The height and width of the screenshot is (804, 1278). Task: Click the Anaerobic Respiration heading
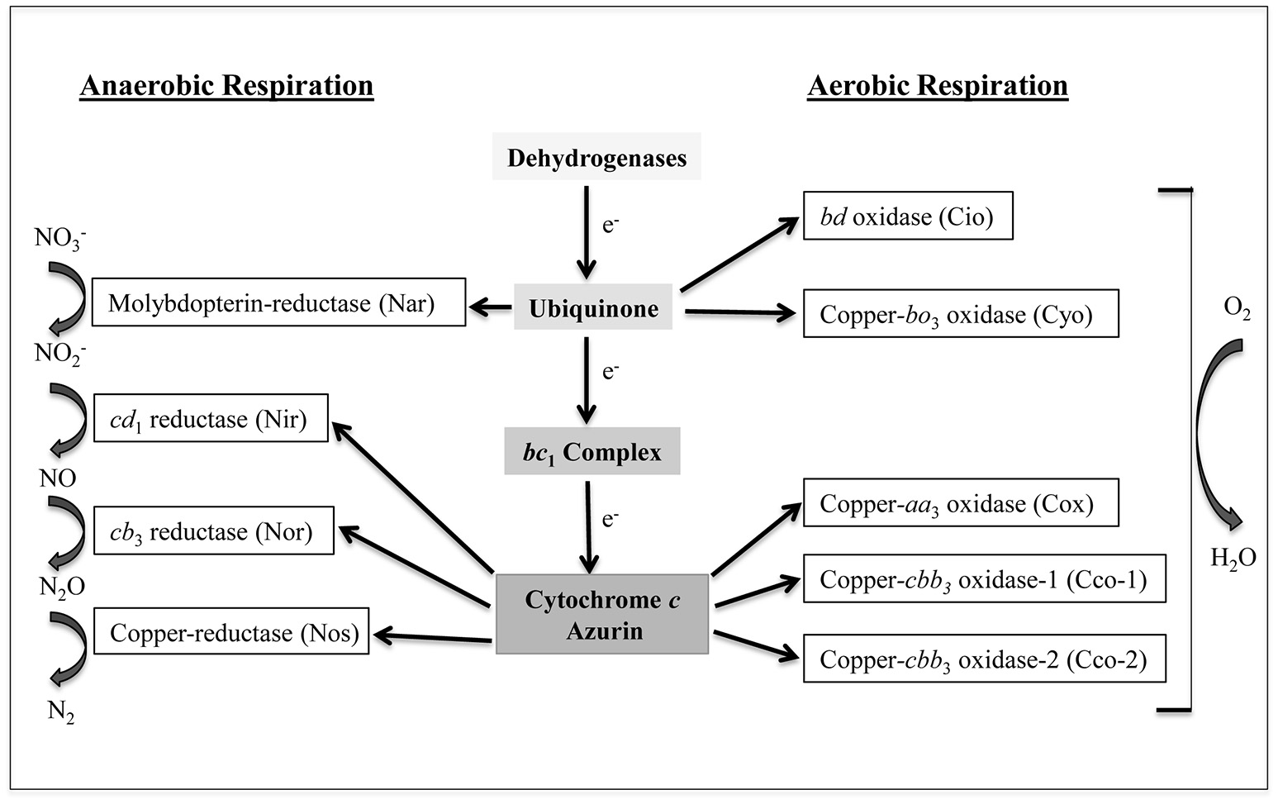point(226,86)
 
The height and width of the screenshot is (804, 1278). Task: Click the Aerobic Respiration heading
point(938,86)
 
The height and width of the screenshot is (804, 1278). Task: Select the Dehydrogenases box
point(596,157)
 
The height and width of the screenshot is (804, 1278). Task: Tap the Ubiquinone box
point(593,308)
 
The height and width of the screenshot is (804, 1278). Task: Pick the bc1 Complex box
point(592,452)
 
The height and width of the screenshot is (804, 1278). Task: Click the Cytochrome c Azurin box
point(602,615)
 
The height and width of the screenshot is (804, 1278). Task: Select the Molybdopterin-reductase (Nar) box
point(278,302)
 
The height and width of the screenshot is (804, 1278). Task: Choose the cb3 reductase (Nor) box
point(213,530)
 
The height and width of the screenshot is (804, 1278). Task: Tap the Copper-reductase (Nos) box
point(231,632)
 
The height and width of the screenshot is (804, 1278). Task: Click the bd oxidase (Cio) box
point(908,216)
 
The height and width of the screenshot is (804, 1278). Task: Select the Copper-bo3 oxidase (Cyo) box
point(961,314)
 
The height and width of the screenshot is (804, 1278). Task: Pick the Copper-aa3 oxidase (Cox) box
point(961,503)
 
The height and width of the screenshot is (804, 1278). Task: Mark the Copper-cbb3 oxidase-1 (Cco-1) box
point(984,579)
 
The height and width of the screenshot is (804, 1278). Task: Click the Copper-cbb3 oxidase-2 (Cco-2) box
point(984,659)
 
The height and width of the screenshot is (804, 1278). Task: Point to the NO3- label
point(59,239)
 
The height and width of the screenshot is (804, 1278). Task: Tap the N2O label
point(62,587)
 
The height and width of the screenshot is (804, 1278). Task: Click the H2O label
point(1233,559)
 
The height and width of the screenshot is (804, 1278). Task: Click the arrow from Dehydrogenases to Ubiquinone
point(586,231)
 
